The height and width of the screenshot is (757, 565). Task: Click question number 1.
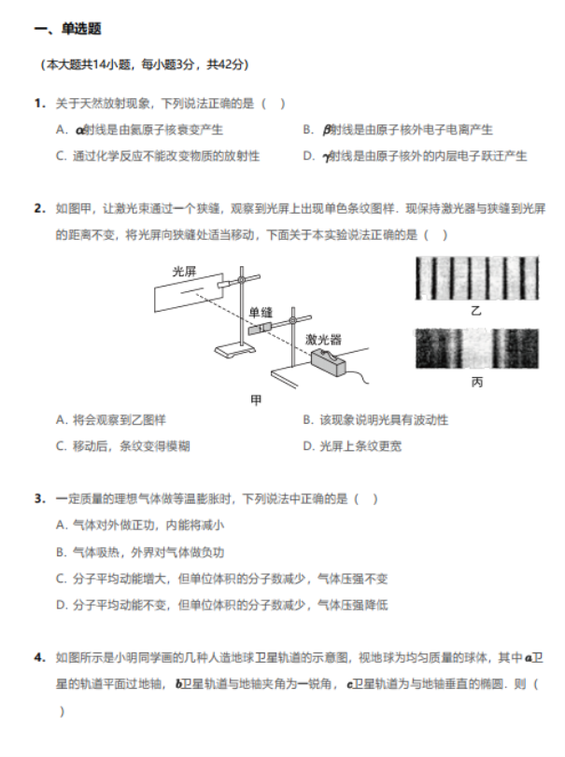pyautogui.click(x=40, y=103)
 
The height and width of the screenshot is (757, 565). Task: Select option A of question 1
pyautogui.click(x=139, y=130)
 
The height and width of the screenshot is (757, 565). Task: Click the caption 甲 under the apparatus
pyautogui.click(x=257, y=400)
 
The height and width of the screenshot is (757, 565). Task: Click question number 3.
pyautogui.click(x=40, y=498)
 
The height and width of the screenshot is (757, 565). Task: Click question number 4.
pyautogui.click(x=40, y=657)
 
